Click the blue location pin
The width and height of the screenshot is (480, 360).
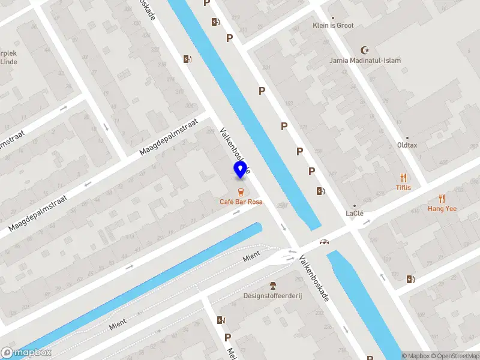click(x=241, y=170)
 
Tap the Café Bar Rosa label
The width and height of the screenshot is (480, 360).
click(x=241, y=202)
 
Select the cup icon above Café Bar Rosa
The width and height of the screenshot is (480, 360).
click(x=241, y=192)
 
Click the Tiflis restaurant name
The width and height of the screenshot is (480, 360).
click(x=403, y=187)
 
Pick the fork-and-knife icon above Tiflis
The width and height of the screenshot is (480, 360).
click(x=403, y=178)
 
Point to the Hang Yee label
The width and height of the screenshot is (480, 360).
click(x=442, y=209)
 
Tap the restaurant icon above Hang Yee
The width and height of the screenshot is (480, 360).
click(x=442, y=199)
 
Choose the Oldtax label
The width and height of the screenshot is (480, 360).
click(x=407, y=145)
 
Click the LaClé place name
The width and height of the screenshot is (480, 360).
click(x=355, y=214)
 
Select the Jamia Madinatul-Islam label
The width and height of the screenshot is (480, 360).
click(x=365, y=61)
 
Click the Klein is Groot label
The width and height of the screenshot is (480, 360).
click(x=333, y=26)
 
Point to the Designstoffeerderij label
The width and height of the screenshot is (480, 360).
click(x=273, y=295)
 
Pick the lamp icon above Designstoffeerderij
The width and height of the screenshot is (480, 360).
click(x=273, y=285)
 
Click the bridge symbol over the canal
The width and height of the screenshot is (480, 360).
click(x=325, y=242)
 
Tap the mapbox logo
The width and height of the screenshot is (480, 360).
click(x=26, y=353)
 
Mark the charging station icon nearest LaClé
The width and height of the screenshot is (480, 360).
click(x=321, y=191)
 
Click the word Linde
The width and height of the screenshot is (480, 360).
click(x=8, y=62)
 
